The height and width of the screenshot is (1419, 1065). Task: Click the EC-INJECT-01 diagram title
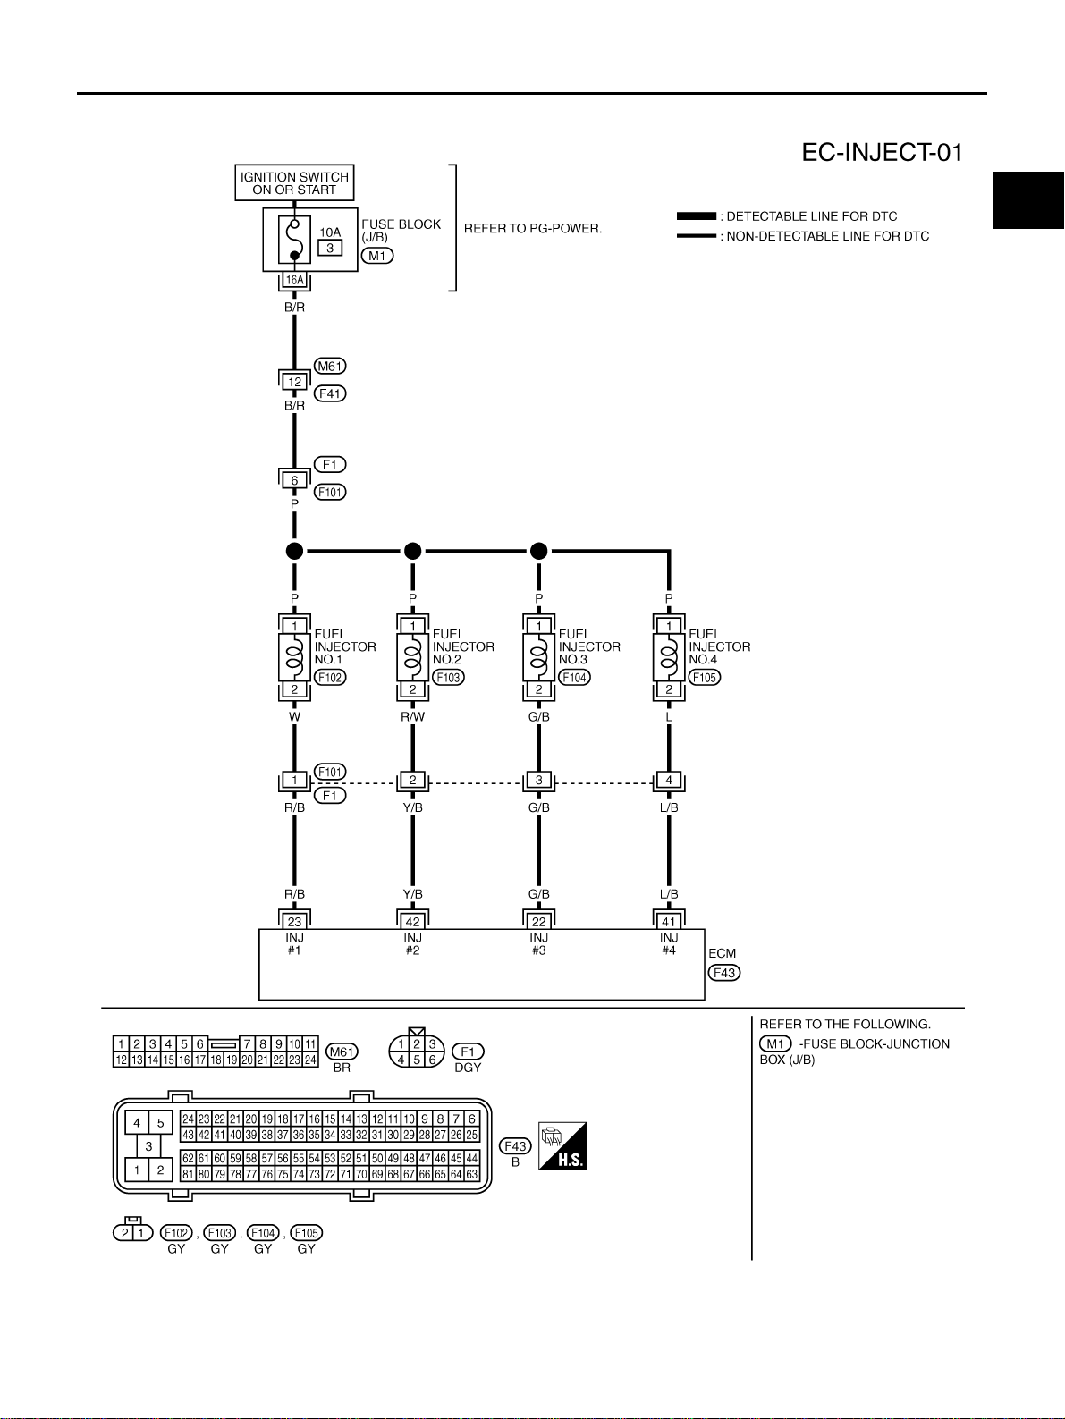(x=882, y=153)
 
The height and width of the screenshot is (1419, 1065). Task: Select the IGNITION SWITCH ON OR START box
(x=294, y=183)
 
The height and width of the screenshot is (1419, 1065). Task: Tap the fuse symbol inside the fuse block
(x=294, y=240)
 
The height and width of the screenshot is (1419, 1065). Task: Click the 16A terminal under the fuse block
(x=295, y=280)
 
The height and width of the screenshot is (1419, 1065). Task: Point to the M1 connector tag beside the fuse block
(x=377, y=256)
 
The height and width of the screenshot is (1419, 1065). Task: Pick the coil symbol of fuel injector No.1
(x=295, y=657)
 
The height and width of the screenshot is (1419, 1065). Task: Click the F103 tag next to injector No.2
(x=449, y=678)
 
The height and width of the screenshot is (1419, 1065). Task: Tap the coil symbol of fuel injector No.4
(x=669, y=657)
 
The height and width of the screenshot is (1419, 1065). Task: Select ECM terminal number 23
(x=295, y=922)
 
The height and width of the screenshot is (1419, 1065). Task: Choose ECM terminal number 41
(x=669, y=922)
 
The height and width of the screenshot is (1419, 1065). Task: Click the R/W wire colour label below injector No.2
(x=413, y=716)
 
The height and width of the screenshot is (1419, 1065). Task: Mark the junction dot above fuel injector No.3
(x=539, y=551)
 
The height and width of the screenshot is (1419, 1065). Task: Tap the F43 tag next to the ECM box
(x=723, y=973)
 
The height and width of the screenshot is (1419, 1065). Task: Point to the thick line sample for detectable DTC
(x=697, y=215)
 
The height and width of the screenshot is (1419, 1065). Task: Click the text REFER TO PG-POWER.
(x=533, y=229)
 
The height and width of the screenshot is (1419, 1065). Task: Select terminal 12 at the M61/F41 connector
(x=295, y=382)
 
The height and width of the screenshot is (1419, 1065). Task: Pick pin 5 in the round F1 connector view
(x=417, y=1060)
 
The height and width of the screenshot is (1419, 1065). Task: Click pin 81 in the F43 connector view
(x=188, y=1174)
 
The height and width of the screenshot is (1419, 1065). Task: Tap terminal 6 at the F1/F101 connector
(x=295, y=480)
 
